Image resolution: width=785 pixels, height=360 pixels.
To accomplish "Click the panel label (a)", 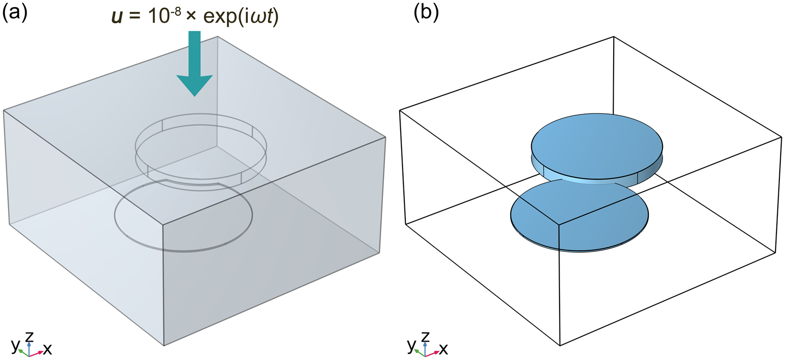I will click(15, 13).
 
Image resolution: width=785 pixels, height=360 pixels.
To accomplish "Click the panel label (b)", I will click(426, 13).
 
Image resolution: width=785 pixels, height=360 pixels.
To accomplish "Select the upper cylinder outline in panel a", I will click(201, 114).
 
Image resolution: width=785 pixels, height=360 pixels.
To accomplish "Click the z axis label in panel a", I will click(29, 336).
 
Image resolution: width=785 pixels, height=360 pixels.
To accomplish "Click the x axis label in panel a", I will click(47, 350).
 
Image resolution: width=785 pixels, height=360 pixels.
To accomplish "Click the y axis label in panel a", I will click(15, 345).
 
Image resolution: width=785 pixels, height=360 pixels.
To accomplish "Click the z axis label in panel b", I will click(425, 336).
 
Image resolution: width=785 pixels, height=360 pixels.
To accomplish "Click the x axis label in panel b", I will click(443, 350).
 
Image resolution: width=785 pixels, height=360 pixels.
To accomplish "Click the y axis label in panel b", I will click(411, 345).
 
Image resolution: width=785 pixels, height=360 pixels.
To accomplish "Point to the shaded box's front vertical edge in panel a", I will click(164, 285).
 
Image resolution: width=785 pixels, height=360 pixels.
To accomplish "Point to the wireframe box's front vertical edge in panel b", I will click(559, 285).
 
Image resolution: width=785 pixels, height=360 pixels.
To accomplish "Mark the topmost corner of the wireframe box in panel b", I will click(614, 37).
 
